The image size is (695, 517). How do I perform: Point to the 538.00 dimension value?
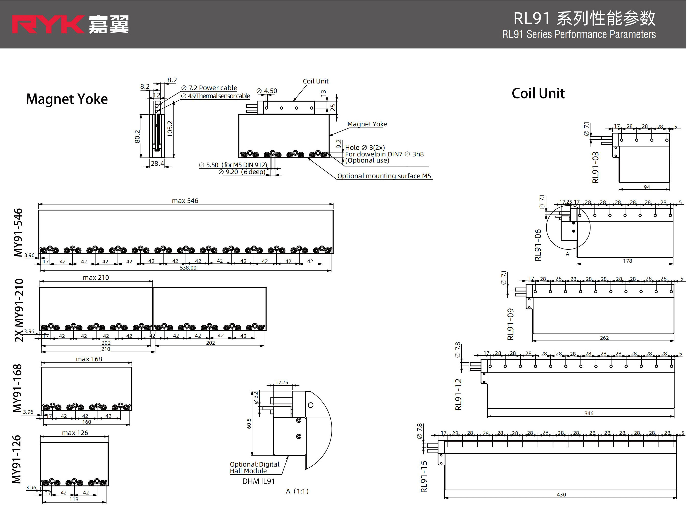188,268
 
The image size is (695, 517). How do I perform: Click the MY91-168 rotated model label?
18,388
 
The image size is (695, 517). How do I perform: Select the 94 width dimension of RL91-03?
647,187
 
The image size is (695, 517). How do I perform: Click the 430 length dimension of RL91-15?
561,495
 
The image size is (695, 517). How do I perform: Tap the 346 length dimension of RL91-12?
589,413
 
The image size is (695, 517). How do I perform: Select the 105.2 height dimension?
170,129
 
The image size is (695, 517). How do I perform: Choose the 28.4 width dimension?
157,163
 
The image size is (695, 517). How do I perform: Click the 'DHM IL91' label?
258,481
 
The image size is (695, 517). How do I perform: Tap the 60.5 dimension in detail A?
249,423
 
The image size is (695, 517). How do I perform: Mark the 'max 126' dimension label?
75,433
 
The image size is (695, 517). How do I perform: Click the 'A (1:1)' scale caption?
297,491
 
